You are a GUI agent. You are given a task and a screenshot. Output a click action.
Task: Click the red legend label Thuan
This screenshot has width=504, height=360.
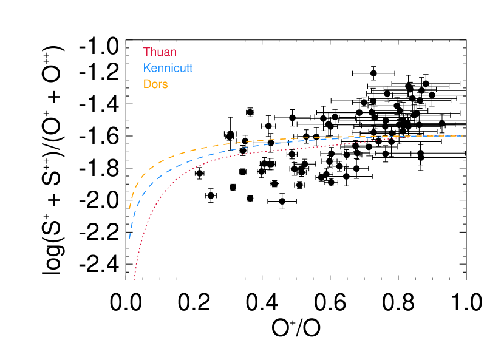tap(160, 52)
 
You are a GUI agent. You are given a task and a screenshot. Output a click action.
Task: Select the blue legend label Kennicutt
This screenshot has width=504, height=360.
tap(168, 68)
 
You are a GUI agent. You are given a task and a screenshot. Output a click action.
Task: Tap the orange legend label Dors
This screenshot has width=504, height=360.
tap(155, 84)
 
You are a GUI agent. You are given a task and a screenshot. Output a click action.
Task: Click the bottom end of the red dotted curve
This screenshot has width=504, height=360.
tap(134, 280)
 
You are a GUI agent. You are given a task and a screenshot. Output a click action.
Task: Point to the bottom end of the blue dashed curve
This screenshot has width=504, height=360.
tap(129, 239)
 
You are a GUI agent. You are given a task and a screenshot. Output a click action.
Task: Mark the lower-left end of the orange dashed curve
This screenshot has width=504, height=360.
tap(129, 209)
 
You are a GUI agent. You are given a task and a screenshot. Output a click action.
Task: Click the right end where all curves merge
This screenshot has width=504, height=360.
tap(462, 136)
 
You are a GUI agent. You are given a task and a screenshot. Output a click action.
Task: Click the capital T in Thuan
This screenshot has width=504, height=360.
tap(146, 52)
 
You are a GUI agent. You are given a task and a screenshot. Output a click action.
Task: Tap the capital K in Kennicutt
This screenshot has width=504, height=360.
tap(147, 68)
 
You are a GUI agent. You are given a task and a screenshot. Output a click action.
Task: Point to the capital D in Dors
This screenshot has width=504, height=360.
tap(147, 84)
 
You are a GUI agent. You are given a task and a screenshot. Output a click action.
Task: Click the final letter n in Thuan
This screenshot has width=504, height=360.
tap(173, 53)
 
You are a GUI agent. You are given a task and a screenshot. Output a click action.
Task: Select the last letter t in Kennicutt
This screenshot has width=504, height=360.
tap(191, 68)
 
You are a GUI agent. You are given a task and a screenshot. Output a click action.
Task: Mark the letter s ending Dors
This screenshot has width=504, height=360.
tap(165, 85)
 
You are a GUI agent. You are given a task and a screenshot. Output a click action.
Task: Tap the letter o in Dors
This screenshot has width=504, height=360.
tap(155, 85)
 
